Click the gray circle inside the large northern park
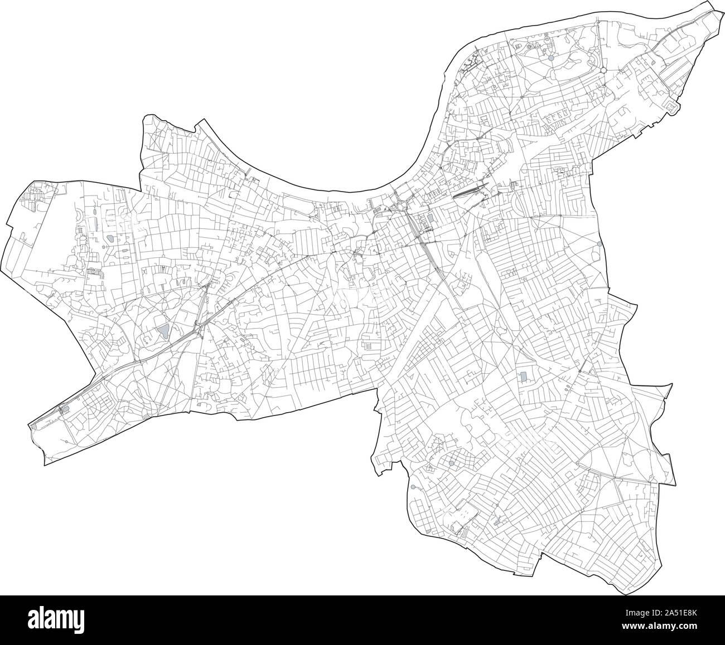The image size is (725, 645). click(x=551, y=57)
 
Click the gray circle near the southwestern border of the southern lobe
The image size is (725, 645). click(x=413, y=487)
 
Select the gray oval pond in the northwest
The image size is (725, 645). click(x=110, y=238)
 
